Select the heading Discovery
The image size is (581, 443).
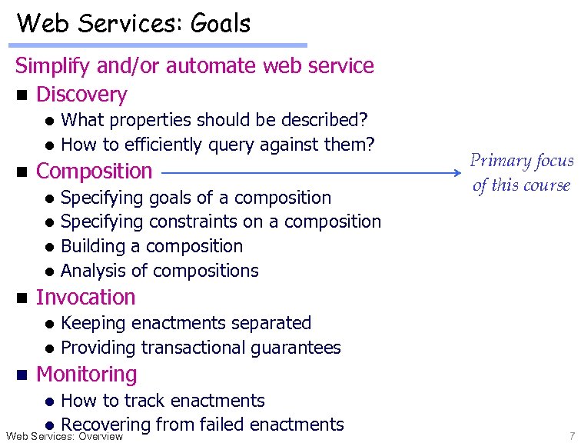point(81,95)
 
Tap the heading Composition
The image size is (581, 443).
point(94,171)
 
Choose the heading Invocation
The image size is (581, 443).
point(85,297)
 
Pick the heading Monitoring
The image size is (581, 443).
point(86,375)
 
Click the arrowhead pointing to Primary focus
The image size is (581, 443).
point(453,172)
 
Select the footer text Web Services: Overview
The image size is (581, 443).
point(64,437)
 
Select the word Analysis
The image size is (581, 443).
point(92,271)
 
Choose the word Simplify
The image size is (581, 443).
point(52,66)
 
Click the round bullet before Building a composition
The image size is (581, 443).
point(48,247)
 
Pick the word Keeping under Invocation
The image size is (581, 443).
point(94,323)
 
